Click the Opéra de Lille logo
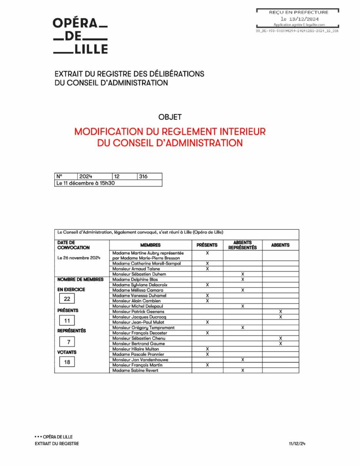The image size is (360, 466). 81,36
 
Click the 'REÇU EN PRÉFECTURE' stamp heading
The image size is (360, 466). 298,12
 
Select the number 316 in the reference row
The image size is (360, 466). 143,176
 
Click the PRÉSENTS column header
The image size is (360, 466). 207,245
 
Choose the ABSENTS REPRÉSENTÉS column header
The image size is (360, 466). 242,245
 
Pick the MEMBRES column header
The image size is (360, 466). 150,245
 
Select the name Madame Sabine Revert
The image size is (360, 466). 132,370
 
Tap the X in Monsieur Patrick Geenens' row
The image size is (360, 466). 280,311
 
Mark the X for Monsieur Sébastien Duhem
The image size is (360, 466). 243,274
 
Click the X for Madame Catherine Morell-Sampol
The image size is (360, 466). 207,263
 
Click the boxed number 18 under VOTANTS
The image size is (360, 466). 67,362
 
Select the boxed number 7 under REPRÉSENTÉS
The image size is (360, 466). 67,341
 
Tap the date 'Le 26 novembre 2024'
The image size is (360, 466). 78,258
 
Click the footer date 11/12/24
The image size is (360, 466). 297,444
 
